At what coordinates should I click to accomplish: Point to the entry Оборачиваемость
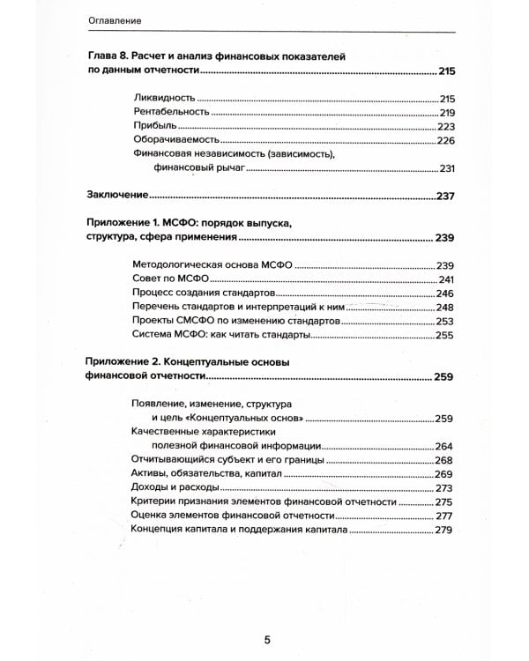click(173, 141)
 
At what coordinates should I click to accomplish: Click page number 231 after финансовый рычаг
click(445, 170)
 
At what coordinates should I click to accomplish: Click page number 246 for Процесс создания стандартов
click(444, 293)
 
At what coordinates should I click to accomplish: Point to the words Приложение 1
click(122, 223)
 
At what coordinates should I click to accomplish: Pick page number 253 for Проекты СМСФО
click(444, 322)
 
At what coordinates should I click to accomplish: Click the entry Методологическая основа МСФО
click(212, 264)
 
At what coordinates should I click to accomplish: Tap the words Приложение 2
click(123, 362)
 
